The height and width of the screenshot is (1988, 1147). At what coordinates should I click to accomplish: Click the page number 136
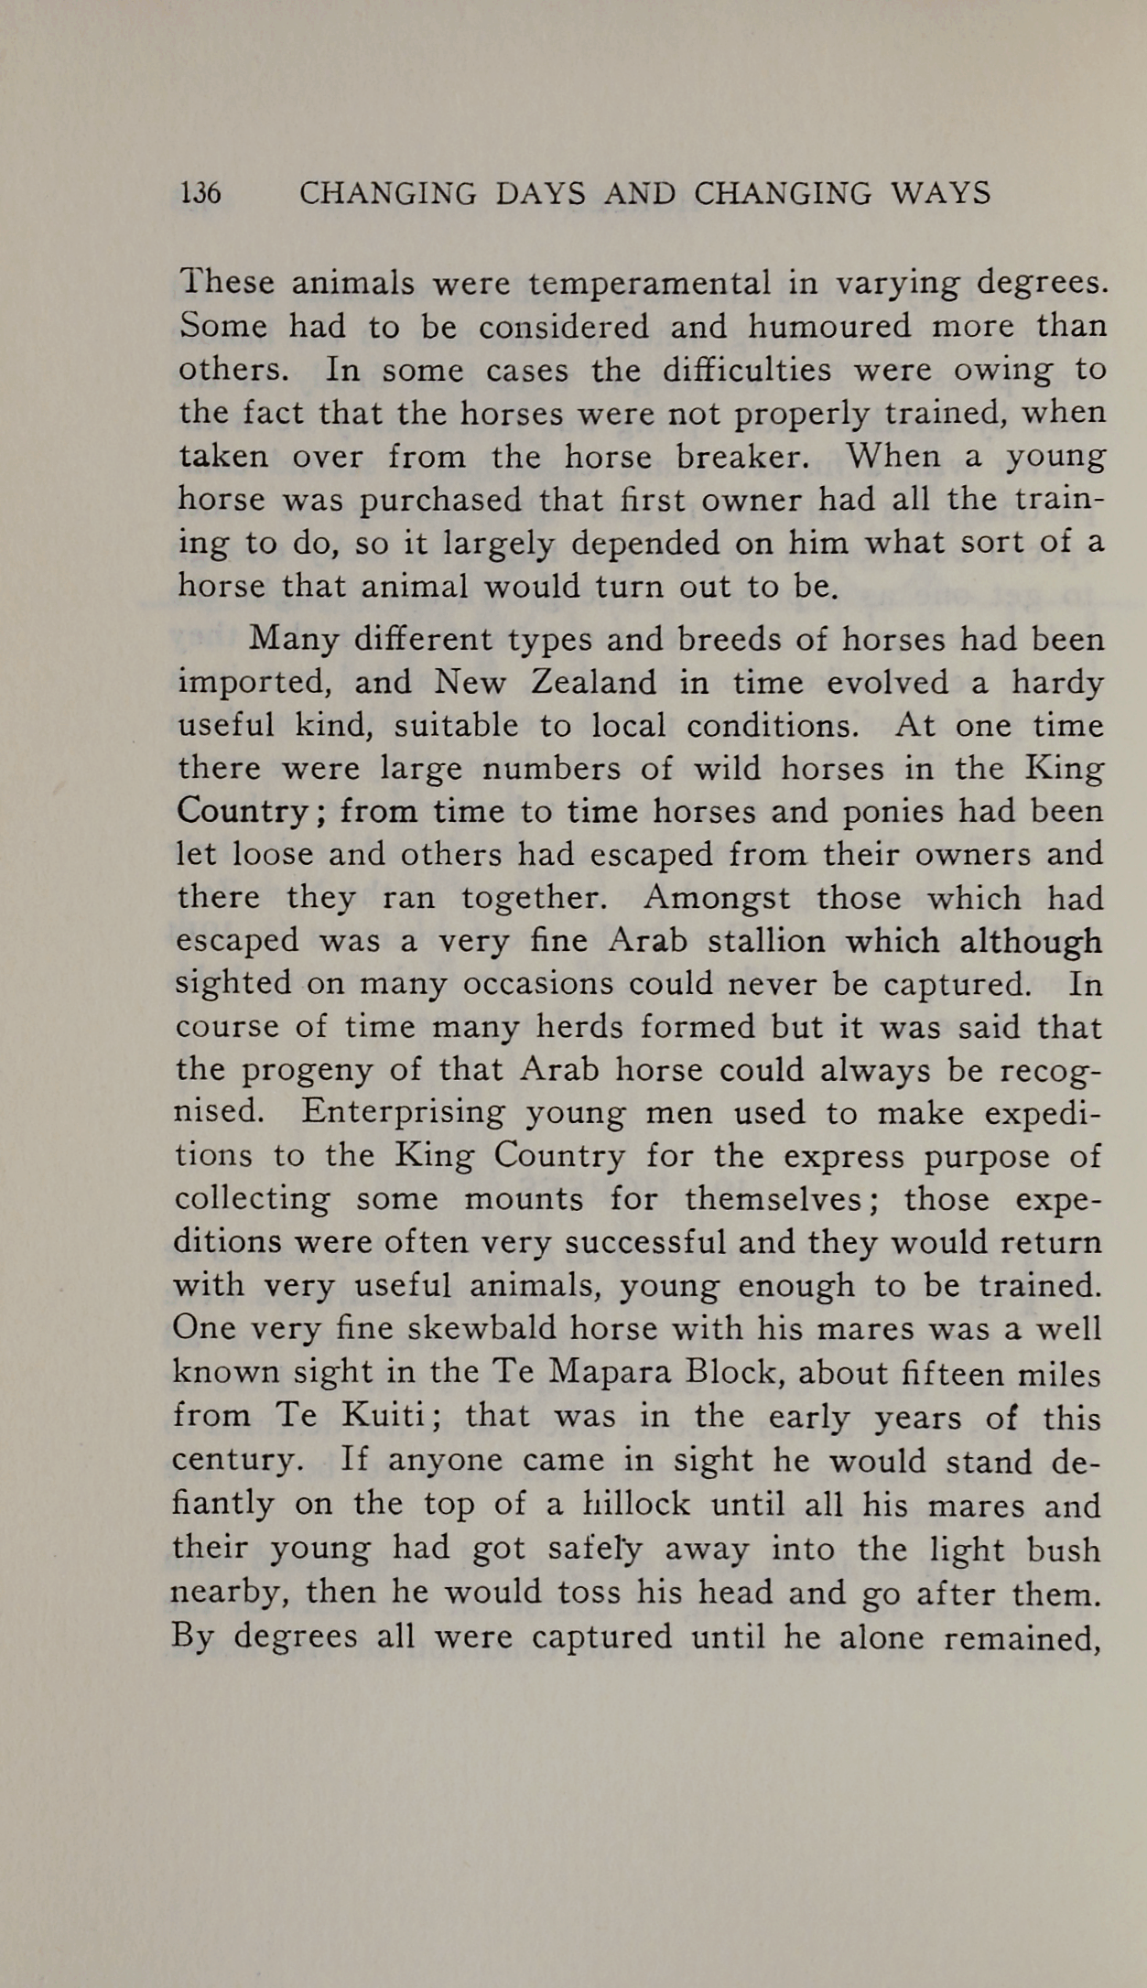coord(200,193)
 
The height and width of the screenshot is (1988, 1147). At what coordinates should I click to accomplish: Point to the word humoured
coord(829,326)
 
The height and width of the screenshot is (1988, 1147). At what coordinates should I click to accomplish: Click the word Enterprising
coord(403,1113)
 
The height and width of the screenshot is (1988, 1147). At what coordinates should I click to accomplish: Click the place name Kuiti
coord(383,1416)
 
